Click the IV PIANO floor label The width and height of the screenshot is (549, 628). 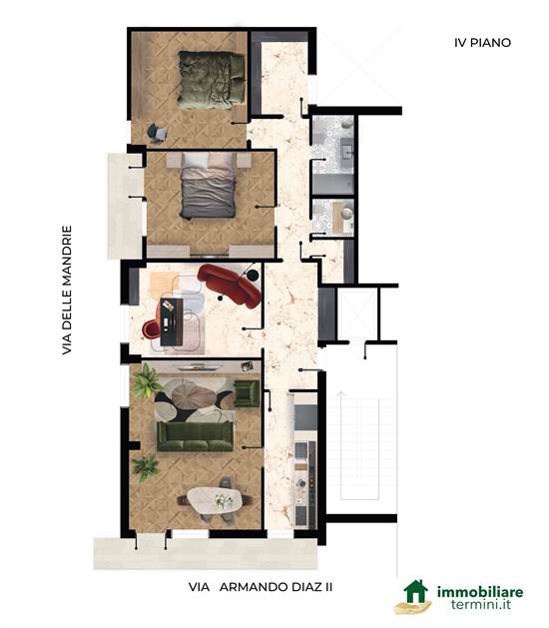(482, 43)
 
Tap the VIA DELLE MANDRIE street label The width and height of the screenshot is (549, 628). (67, 290)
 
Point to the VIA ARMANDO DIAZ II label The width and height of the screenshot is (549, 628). (261, 587)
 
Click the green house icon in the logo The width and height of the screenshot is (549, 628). (416, 591)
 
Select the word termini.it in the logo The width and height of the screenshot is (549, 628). (481, 604)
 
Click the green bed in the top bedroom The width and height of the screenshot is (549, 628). (211, 80)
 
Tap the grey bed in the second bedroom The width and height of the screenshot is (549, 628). (208, 186)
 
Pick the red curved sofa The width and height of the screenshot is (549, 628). (230, 285)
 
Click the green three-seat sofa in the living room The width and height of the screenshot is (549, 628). (195, 435)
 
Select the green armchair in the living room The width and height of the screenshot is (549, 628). (247, 393)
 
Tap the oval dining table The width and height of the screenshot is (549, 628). (215, 499)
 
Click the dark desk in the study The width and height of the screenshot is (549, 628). (172, 321)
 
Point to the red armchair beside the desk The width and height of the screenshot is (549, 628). (151, 328)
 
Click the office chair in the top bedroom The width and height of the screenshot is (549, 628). (157, 133)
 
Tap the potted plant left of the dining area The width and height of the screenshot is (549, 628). (145, 468)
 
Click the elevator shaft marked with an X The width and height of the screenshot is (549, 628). (357, 314)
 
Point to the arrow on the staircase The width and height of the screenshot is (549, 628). (340, 445)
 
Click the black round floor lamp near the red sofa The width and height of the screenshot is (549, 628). (253, 276)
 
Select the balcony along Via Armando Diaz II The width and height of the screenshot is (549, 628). (206, 553)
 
